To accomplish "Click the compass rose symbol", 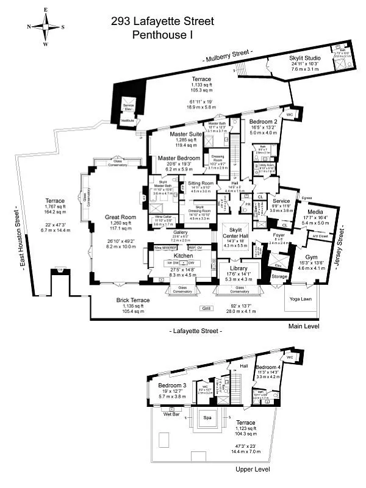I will [x=46, y=27].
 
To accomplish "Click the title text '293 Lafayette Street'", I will [x=162, y=21].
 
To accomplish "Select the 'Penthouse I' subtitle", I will [x=162, y=35].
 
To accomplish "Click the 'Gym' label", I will [x=311, y=258].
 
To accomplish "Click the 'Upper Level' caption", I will [x=249, y=470].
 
